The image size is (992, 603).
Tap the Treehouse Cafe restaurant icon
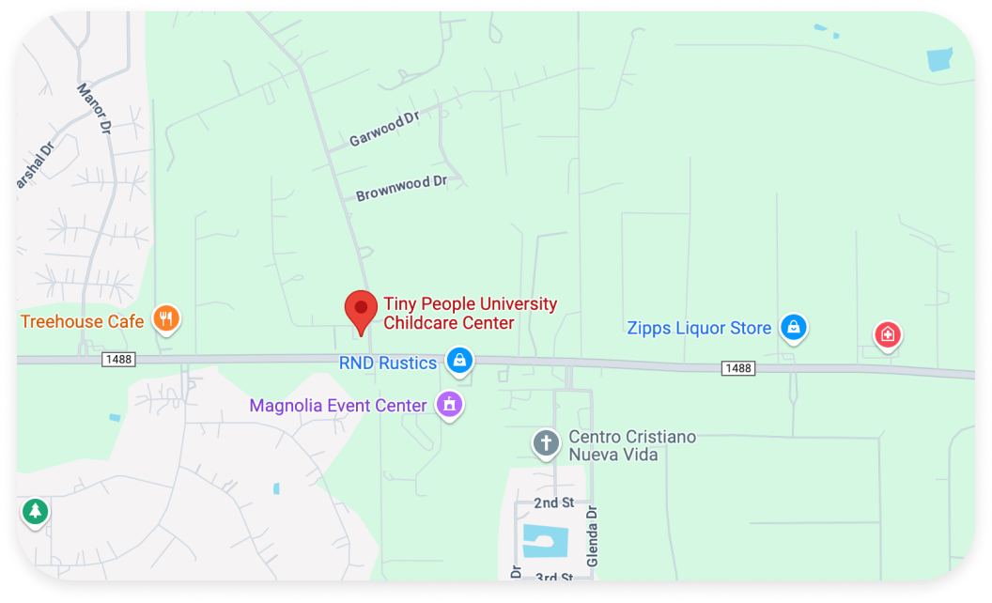coord(166,318)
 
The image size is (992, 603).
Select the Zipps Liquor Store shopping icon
coord(794,327)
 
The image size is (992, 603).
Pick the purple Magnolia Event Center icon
coord(450,405)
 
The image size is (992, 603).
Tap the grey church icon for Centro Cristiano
coord(546,442)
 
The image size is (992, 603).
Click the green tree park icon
coord(36,512)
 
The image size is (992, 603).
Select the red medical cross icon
coord(887,334)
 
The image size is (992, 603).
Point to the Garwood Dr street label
coord(383,129)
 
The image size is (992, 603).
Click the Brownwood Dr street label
coord(401,188)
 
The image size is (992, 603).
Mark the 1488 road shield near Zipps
coord(738,368)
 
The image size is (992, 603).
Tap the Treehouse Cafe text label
coord(83,321)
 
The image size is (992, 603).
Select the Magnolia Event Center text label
coord(338,406)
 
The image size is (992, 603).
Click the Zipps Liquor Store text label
coord(699,328)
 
